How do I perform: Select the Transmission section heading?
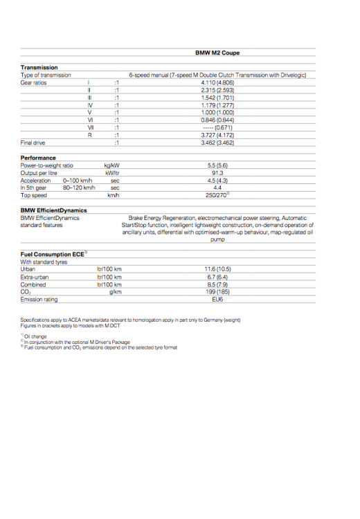(39, 67)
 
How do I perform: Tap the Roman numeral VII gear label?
(91, 127)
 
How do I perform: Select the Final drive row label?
(34, 143)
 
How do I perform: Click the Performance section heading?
(38, 158)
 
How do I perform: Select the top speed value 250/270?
(217, 195)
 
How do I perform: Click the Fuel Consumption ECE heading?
(53, 255)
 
